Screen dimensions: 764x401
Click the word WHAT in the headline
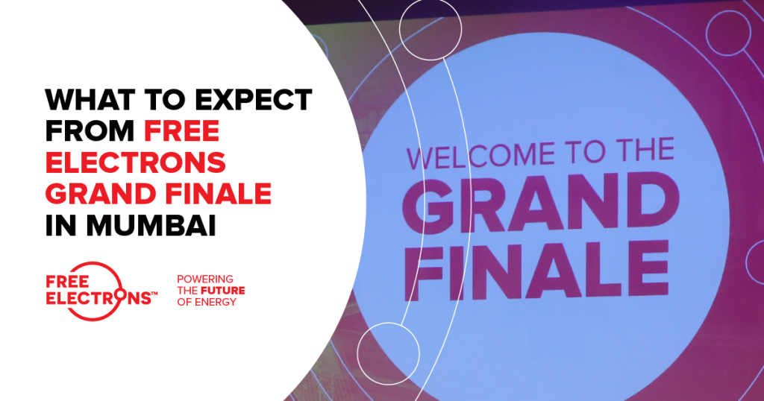[90, 100]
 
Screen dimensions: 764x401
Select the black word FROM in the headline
[90, 131]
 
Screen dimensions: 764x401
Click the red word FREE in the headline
[182, 131]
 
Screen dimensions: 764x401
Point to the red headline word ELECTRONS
[136, 162]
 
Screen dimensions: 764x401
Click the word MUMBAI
[151, 225]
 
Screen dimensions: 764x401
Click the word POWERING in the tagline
[205, 279]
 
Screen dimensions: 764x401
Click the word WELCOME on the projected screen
[480, 157]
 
